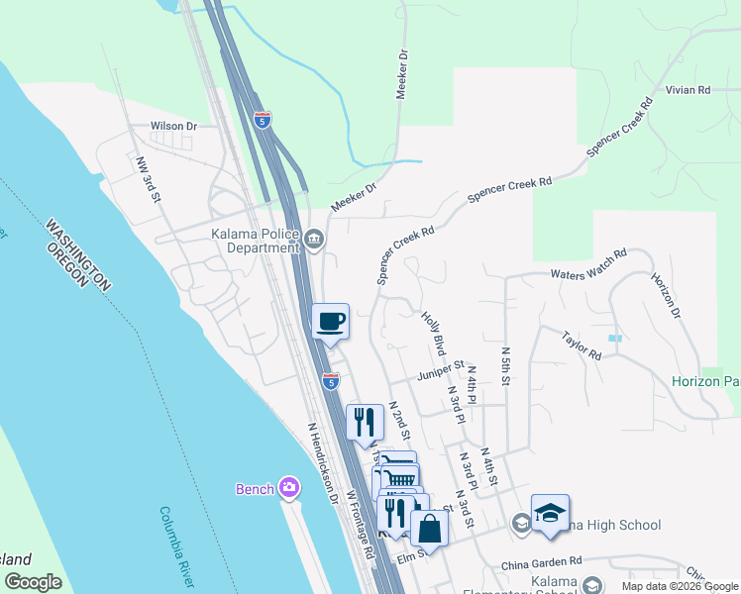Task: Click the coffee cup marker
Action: tap(331, 321)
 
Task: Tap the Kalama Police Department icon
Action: tap(315, 239)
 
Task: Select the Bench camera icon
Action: tap(289, 487)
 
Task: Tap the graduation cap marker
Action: tap(550, 513)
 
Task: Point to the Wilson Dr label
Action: tap(174, 127)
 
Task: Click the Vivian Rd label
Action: tap(688, 90)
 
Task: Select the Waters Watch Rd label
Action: tap(589, 263)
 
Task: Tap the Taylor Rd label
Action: tap(582, 346)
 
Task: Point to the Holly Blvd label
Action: tap(433, 334)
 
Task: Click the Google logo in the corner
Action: tap(33, 582)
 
